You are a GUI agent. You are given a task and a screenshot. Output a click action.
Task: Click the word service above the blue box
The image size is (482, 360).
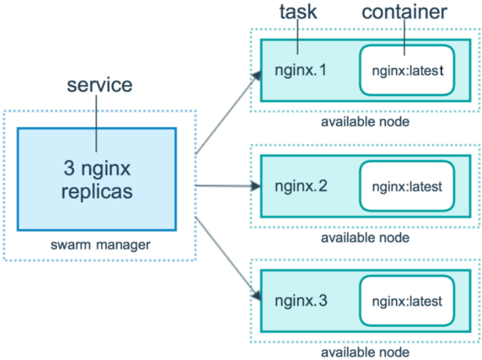[100, 85]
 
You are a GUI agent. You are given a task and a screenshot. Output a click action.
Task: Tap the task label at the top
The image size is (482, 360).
[298, 12]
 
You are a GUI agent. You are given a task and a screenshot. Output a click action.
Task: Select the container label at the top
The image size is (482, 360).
[404, 12]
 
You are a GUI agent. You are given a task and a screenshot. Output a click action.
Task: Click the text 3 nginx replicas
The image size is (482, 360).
[97, 180]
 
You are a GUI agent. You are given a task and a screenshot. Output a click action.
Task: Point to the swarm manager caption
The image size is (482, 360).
[101, 245]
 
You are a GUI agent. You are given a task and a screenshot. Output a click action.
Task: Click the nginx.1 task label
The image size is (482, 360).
[300, 70]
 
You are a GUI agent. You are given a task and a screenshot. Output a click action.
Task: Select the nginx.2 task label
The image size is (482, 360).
[301, 186]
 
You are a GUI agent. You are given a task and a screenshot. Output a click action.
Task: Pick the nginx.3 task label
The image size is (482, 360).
[301, 301]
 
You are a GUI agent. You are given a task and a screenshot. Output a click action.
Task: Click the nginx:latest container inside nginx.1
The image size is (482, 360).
[407, 70]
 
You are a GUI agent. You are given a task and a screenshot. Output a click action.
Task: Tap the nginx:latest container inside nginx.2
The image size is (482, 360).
[407, 186]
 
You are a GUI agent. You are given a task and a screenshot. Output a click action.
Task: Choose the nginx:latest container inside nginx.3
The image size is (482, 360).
[407, 301]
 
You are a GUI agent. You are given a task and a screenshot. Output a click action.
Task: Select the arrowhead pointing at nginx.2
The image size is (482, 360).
[256, 186]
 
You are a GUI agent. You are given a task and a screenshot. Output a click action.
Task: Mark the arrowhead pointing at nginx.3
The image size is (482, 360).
[257, 295]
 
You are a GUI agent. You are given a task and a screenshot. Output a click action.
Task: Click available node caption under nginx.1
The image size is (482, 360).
[365, 122]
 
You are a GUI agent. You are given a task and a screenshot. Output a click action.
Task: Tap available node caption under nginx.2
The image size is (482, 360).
[365, 238]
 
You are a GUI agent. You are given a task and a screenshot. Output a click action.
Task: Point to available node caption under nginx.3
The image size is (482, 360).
[365, 352]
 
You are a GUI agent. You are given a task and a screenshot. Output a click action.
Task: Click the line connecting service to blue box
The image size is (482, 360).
[96, 123]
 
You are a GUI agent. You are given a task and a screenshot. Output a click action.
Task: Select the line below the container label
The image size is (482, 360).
[404, 37]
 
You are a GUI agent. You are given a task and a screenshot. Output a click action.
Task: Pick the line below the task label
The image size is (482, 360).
[298, 37]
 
